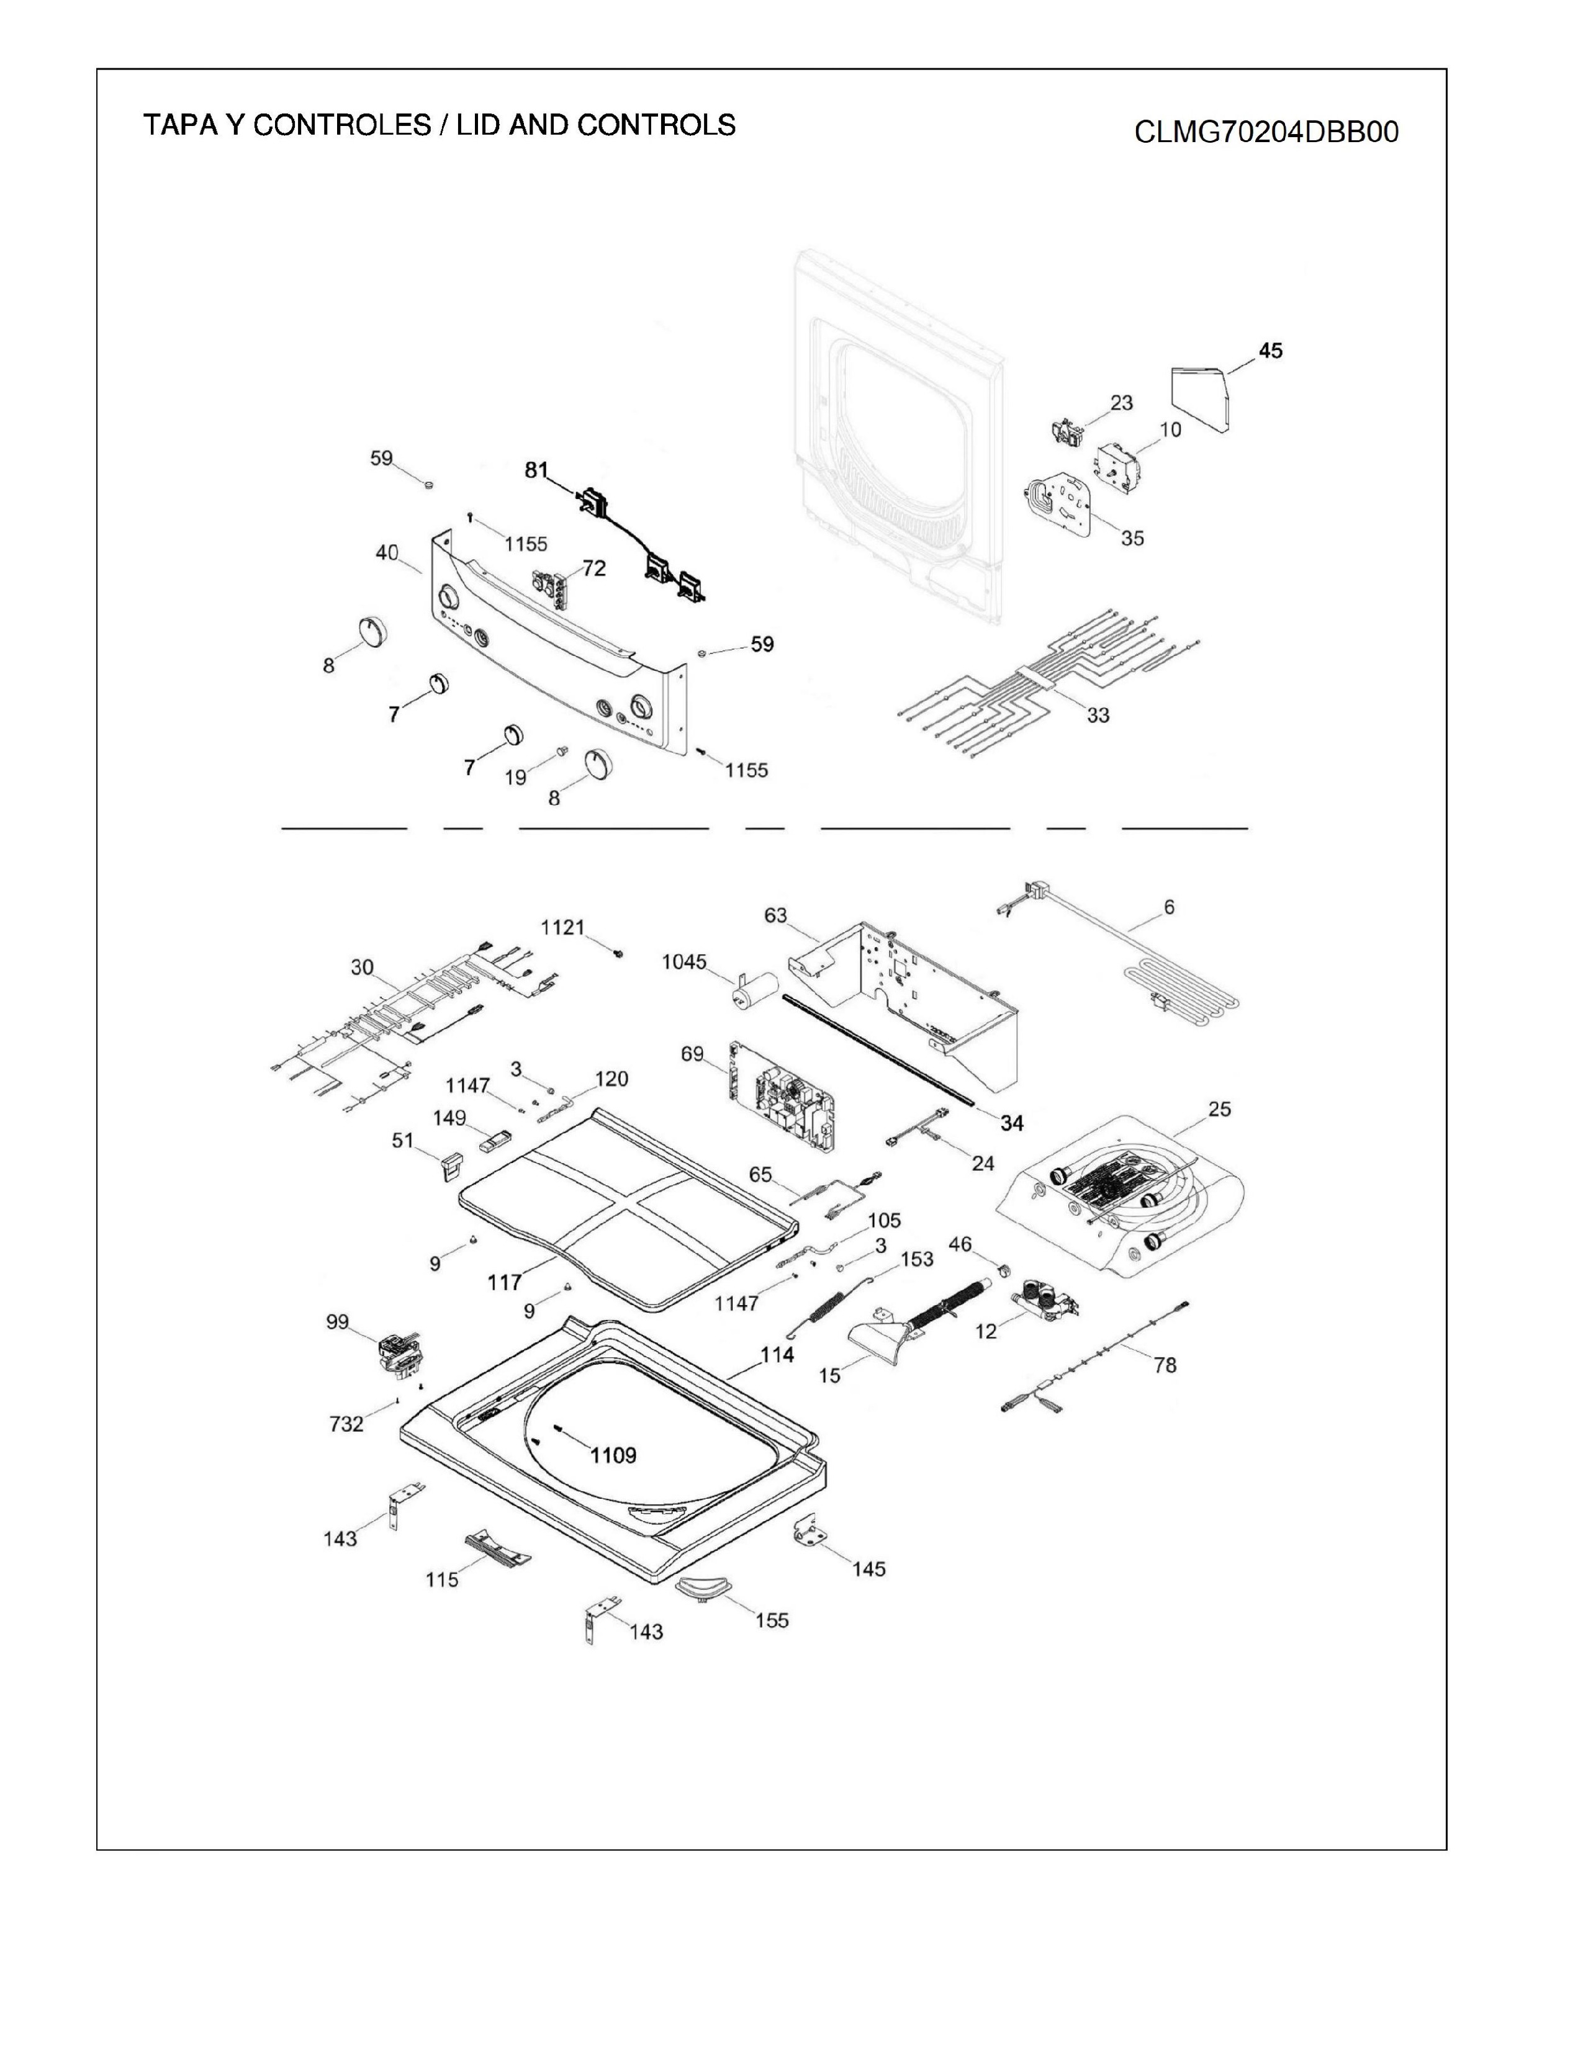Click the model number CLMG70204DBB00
click(1266, 132)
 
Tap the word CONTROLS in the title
click(656, 125)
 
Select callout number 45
click(1271, 351)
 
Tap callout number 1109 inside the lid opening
click(613, 1455)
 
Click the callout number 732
click(346, 1424)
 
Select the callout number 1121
click(562, 927)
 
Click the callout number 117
click(505, 1282)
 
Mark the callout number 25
click(1219, 1110)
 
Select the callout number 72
click(593, 568)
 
